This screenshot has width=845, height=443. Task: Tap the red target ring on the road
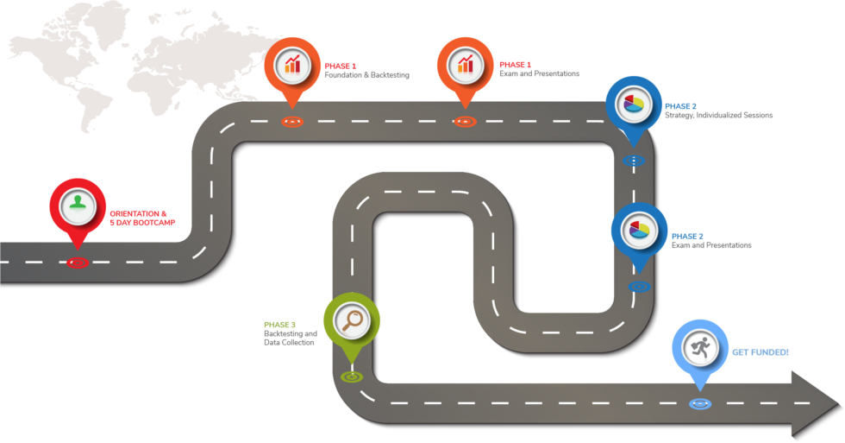pos(78,262)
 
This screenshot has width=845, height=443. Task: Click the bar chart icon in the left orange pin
pos(293,62)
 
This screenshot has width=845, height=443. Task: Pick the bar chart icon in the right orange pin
pos(466,62)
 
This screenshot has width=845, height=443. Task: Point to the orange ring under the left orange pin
pos(291,121)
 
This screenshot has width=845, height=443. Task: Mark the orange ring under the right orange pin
pos(464,121)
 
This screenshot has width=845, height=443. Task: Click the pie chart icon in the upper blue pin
pos(634,104)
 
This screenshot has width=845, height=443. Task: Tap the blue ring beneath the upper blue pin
pos(633,160)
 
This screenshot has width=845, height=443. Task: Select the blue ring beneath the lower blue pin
pos(639,285)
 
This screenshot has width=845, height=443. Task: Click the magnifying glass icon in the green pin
pos(352,320)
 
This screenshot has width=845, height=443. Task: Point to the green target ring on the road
pos(351,376)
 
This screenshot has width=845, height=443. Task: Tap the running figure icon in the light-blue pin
pos(699,347)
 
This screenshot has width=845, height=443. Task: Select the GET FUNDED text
pos(760,352)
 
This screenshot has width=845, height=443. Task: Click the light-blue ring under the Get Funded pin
pos(699,403)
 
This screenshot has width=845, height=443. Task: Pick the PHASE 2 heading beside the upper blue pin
pos(680,106)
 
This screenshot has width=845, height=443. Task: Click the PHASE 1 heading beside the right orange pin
pos(515,65)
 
